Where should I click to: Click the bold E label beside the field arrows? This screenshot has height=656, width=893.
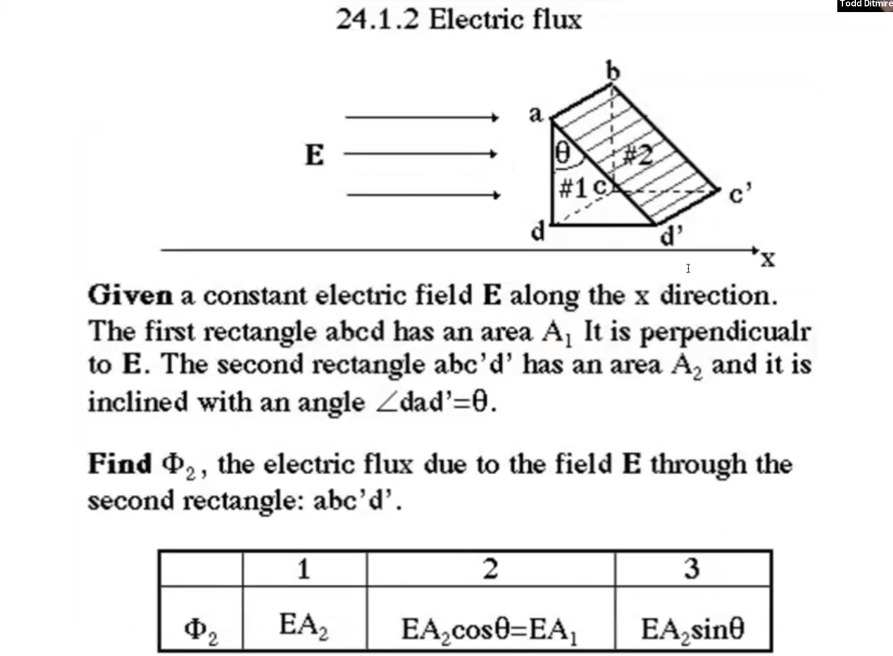click(315, 155)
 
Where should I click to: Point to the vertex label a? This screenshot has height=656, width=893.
click(536, 114)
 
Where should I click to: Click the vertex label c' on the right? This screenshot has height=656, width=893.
click(740, 194)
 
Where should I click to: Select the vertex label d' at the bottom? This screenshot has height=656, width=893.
click(671, 236)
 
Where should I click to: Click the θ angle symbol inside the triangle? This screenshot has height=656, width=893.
click(563, 154)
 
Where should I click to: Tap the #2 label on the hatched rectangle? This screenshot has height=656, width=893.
click(638, 155)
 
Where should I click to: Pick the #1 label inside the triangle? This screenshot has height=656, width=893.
click(573, 188)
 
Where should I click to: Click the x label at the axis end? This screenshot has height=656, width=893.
click(768, 260)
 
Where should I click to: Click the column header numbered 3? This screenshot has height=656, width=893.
click(692, 569)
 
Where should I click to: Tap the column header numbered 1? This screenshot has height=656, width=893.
click(304, 569)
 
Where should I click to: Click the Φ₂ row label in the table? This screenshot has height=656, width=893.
click(201, 629)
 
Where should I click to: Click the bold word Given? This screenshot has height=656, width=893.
click(130, 295)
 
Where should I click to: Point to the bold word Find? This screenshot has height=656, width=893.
click(120, 463)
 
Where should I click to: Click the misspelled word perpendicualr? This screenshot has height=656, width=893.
click(725, 331)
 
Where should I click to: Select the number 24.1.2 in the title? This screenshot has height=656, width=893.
click(377, 20)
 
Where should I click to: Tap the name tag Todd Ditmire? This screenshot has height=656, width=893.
click(865, 4)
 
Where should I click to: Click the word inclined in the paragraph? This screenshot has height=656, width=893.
click(138, 402)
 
